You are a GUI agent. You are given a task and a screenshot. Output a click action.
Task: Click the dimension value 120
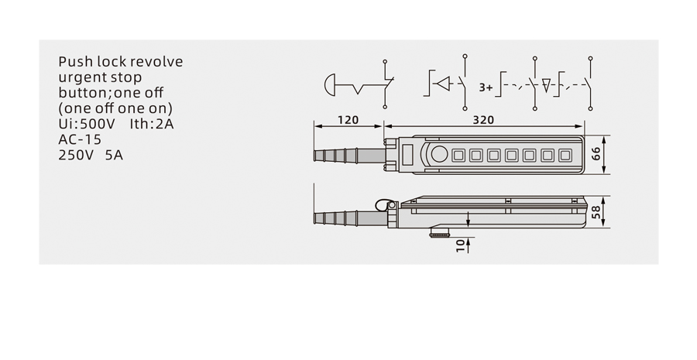tap(348, 119)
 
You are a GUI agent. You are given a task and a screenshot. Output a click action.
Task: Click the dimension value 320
tap(483, 119)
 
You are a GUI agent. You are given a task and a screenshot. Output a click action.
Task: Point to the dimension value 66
tap(596, 154)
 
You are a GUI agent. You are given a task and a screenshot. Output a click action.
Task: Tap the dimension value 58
tap(596, 211)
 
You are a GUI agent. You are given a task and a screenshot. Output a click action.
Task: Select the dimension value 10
tap(461, 245)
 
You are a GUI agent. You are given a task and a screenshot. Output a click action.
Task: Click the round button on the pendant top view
tap(439, 154)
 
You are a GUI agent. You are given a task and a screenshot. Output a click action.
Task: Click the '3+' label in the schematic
tap(486, 87)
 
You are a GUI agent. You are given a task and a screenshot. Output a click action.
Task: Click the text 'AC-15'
tap(80, 139)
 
